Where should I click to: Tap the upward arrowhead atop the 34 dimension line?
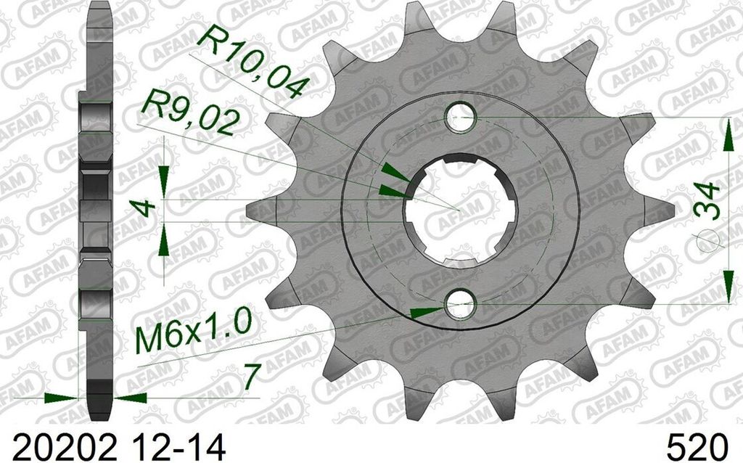tap(727, 134)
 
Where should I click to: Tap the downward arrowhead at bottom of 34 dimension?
tap(727, 287)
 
